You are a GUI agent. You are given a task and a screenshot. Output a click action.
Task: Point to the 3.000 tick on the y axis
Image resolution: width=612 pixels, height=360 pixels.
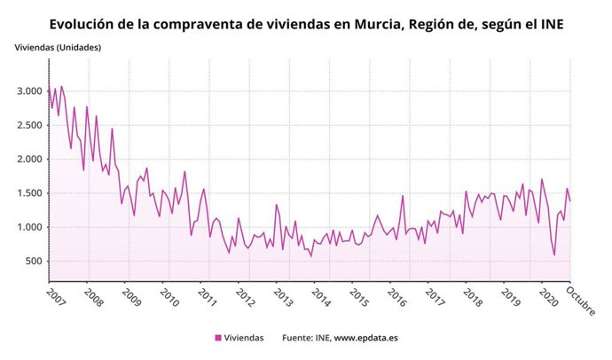[27, 91]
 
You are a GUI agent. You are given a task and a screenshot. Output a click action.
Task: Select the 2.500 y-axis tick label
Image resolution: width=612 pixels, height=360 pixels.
[27, 125]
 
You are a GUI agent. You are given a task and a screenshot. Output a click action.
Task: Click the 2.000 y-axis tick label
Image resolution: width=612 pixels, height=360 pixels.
[27, 160]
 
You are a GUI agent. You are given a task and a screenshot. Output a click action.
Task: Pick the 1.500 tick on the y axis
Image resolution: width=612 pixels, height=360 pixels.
[27, 193]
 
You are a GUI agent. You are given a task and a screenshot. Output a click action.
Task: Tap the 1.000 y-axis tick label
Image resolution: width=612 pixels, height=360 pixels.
[27, 227]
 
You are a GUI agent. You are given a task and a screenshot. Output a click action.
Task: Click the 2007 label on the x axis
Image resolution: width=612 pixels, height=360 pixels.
[56, 294]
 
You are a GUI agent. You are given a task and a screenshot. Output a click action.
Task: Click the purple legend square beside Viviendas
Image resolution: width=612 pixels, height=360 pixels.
[219, 338]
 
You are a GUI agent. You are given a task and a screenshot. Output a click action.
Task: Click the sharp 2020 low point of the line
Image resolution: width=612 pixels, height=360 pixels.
[554, 255]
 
